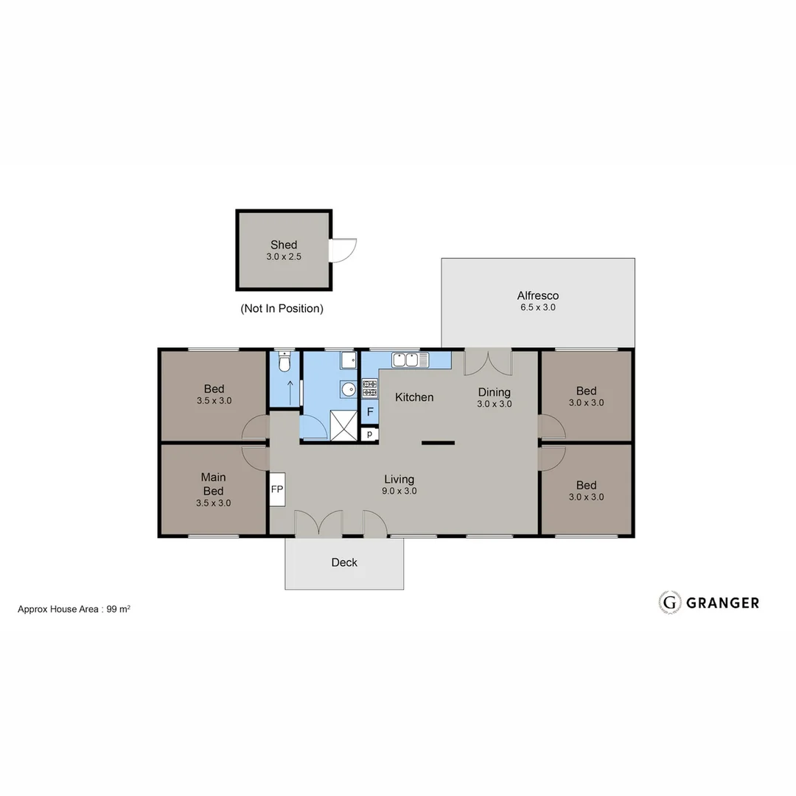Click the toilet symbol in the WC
click(x=284, y=363)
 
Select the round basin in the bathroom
click(x=348, y=388)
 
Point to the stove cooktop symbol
click(x=369, y=388)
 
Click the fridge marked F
click(x=370, y=412)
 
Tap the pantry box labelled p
click(x=369, y=434)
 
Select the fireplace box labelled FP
click(x=277, y=489)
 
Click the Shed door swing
click(x=343, y=251)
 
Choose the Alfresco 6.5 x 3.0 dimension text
click(x=537, y=307)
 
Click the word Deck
click(x=344, y=562)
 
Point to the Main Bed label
click(x=213, y=484)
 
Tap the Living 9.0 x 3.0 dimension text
click(x=399, y=491)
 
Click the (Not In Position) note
click(x=282, y=309)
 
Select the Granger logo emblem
click(x=669, y=602)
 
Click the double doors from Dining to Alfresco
click(x=487, y=361)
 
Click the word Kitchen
click(x=414, y=397)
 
